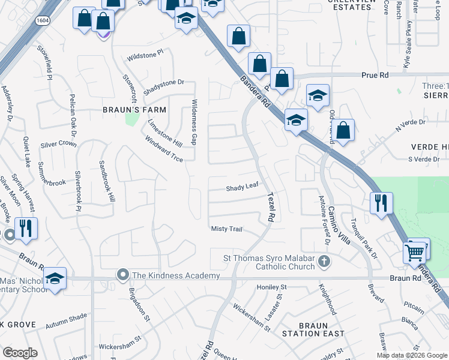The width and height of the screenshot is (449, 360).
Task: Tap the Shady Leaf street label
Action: (x=242, y=187)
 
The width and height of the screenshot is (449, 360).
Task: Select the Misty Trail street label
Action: (x=226, y=229)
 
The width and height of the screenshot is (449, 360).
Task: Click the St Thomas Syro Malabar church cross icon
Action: (x=324, y=261)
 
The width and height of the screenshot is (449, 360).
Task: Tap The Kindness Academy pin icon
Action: (x=123, y=275)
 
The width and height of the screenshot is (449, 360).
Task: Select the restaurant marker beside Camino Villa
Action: (x=382, y=203)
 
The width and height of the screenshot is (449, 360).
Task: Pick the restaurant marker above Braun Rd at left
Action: (x=26, y=229)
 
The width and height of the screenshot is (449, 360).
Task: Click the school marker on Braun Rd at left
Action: (x=55, y=278)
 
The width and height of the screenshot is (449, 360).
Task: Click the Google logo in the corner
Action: (x=20, y=353)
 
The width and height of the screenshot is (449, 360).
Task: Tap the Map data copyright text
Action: (x=411, y=355)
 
